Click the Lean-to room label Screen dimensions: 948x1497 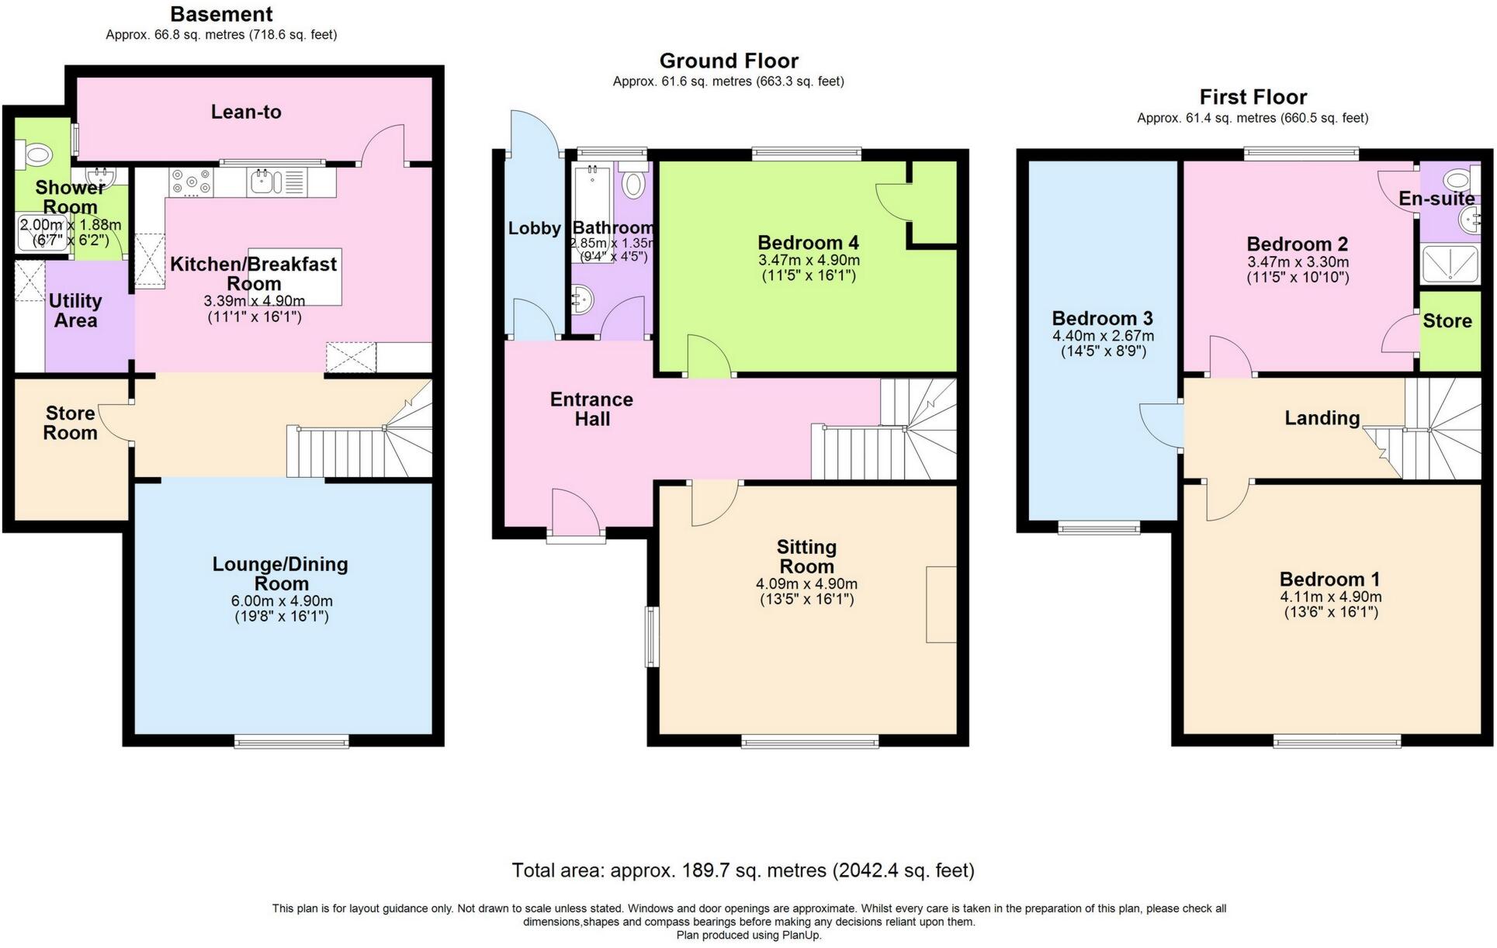(x=246, y=112)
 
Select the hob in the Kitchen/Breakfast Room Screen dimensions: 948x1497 (x=191, y=183)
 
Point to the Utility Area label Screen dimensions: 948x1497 (x=75, y=310)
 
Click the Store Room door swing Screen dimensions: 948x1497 (x=115, y=423)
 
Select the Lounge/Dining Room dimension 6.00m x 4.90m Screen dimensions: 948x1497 (x=281, y=601)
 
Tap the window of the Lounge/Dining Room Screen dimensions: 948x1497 (x=291, y=742)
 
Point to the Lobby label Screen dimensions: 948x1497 (x=534, y=228)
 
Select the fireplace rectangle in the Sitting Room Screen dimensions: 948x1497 (x=941, y=604)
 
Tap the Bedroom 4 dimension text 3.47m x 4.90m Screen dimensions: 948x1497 (x=809, y=261)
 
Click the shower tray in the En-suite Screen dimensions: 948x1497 (x=1449, y=264)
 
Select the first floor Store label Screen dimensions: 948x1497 (x=1447, y=321)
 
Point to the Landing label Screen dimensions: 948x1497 (x=1322, y=418)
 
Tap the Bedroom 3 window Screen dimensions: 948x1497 (x=1099, y=528)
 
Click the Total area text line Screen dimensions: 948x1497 (x=743, y=870)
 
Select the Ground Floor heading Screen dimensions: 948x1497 (x=729, y=61)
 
